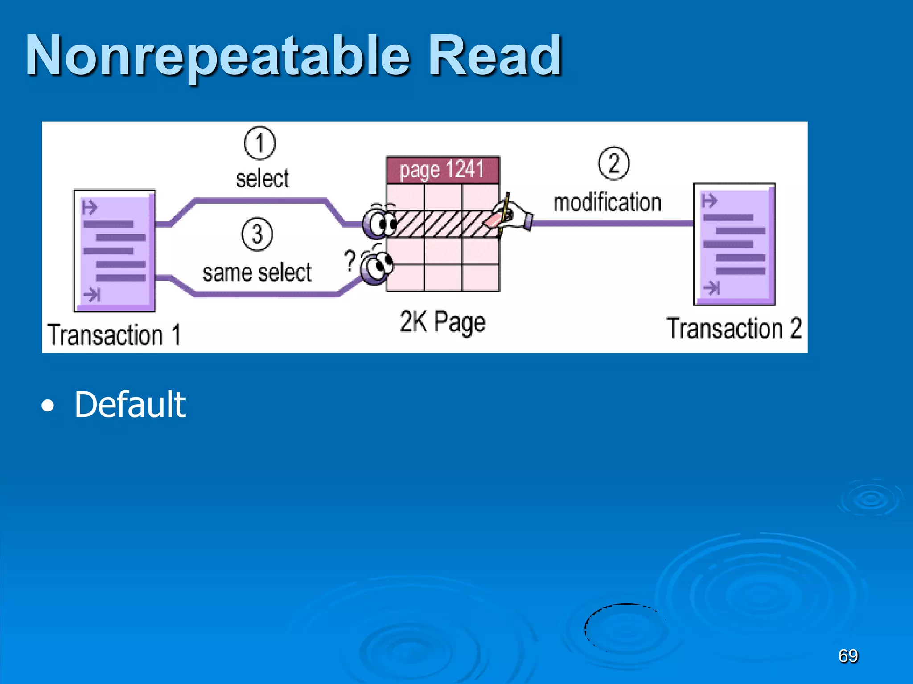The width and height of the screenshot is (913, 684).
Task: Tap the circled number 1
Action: click(x=259, y=143)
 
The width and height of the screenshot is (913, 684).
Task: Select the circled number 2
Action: click(x=613, y=163)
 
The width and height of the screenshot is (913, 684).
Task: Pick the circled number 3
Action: click(x=257, y=234)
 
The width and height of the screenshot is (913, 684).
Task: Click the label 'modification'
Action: click(x=607, y=203)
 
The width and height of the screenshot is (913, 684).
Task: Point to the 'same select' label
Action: click(x=257, y=273)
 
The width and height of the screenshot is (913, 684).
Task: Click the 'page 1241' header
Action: click(x=442, y=170)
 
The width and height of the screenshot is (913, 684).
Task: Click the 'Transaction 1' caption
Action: click(x=114, y=335)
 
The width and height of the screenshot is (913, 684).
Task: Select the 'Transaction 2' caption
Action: click(x=734, y=329)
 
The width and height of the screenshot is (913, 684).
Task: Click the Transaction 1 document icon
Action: click(x=115, y=251)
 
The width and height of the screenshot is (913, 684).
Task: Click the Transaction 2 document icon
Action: click(x=734, y=244)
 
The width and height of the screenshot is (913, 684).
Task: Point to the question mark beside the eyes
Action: click(x=350, y=260)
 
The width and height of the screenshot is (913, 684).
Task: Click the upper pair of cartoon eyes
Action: click(x=380, y=222)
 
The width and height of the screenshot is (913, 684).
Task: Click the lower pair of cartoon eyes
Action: click(x=378, y=267)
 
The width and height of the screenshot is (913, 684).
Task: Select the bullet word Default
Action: click(x=130, y=404)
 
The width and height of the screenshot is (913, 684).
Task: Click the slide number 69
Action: click(x=847, y=656)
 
